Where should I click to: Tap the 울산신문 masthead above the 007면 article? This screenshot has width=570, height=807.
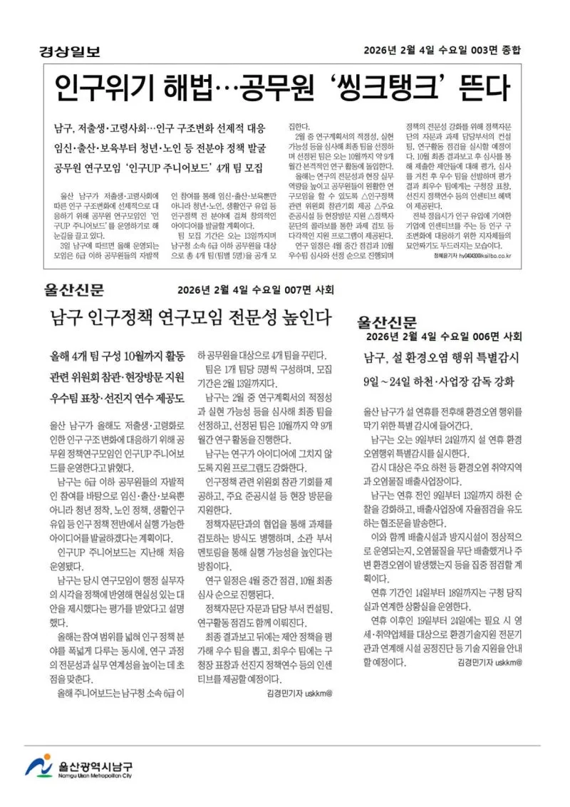tap(73, 289)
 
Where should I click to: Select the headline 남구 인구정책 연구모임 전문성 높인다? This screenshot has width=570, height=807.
tap(191, 317)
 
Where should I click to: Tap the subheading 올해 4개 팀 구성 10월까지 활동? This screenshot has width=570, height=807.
tap(118, 355)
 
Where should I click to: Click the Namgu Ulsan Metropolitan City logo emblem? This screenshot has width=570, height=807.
tap(38, 766)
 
